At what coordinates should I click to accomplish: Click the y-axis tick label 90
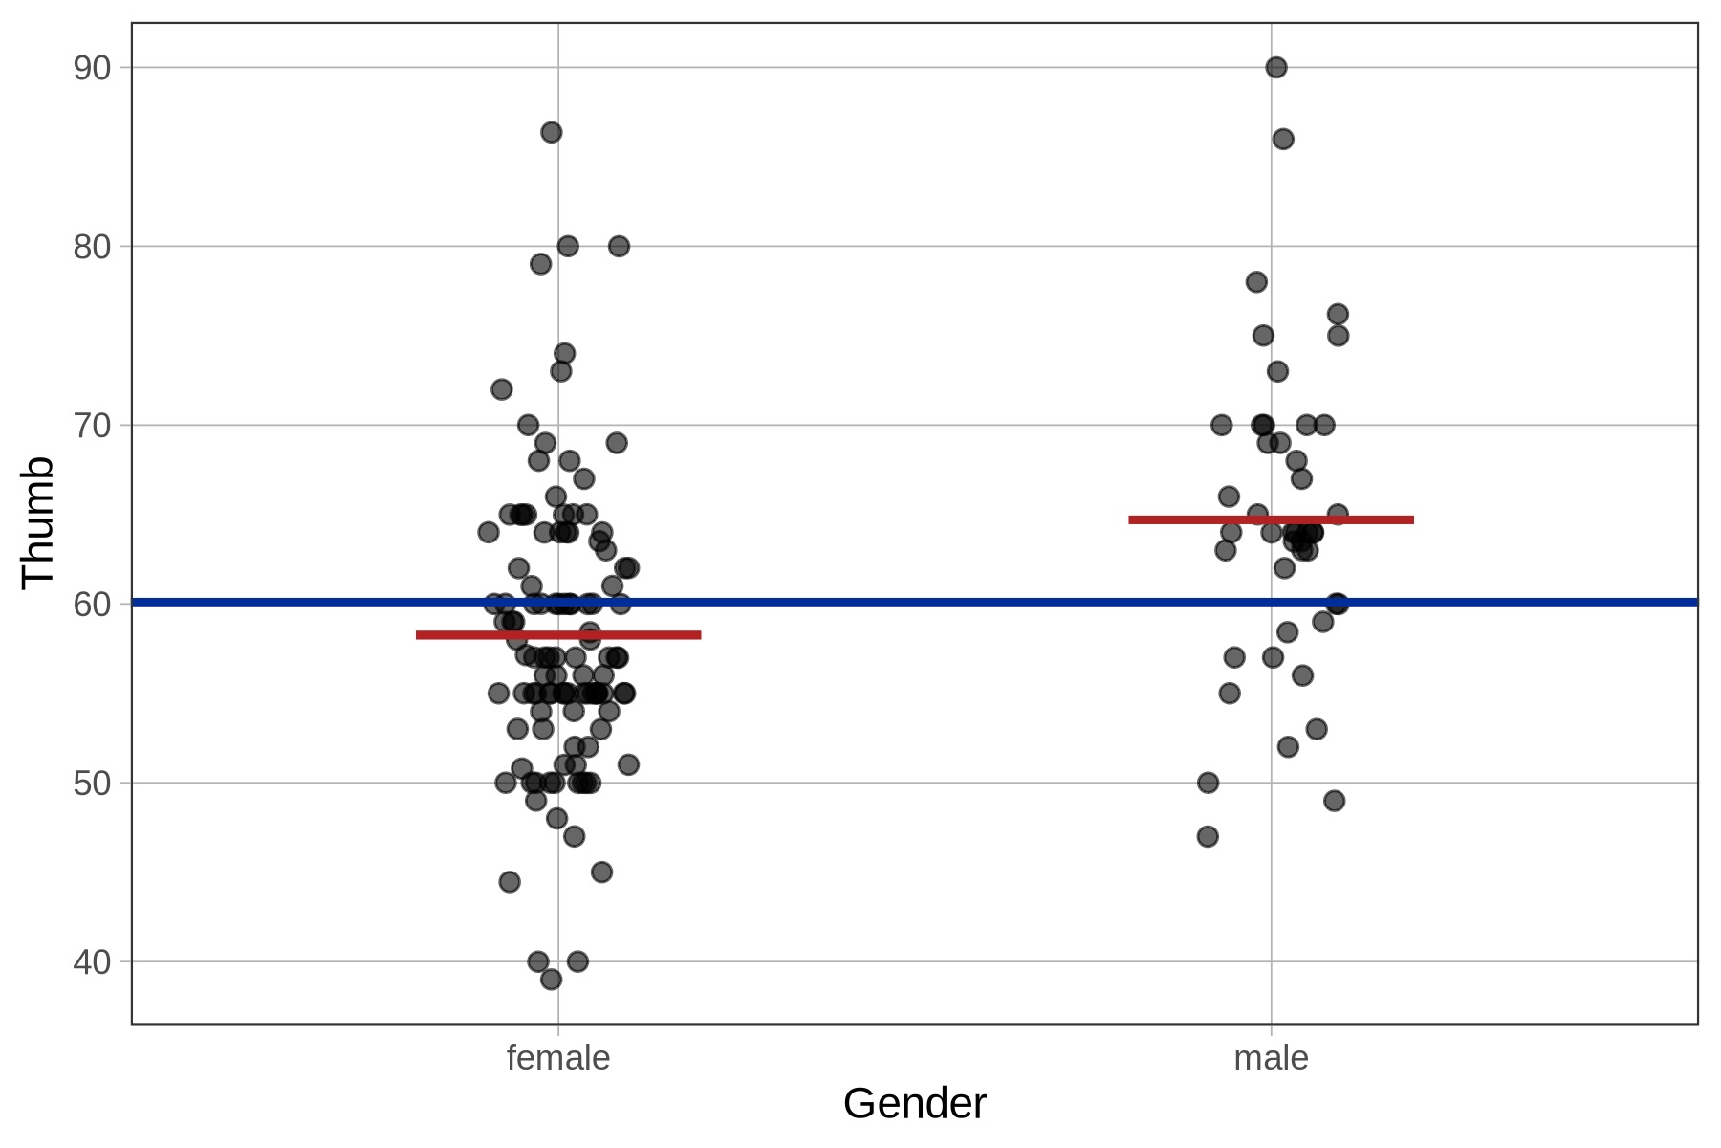[92, 68]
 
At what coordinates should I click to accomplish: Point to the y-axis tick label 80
[92, 247]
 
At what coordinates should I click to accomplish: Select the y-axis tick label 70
[92, 426]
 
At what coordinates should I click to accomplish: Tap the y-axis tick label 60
[92, 605]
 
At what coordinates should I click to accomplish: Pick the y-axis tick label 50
[92, 784]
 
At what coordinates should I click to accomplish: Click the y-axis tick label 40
[92, 962]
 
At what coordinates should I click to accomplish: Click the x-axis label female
[558, 1058]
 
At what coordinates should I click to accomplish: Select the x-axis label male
[1271, 1058]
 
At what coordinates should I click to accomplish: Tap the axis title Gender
[914, 1104]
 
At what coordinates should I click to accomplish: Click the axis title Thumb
[38, 521]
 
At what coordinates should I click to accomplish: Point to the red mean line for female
[558, 635]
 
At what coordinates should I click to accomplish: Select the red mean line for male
[1271, 520]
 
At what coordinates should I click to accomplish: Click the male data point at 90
[1276, 67]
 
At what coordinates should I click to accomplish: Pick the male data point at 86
[1283, 139]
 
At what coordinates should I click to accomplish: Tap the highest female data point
[552, 132]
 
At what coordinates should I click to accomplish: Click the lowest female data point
[551, 980]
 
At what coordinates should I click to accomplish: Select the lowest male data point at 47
[1208, 836]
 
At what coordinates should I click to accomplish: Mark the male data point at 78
[1256, 281]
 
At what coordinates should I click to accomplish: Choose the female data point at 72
[502, 389]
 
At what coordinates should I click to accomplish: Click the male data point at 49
[1335, 801]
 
